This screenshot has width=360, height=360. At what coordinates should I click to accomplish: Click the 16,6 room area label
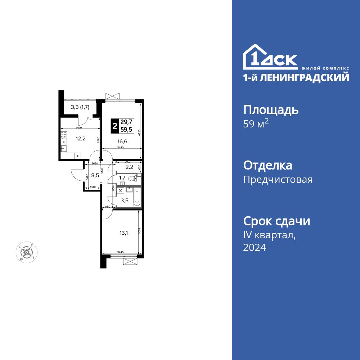[122, 141]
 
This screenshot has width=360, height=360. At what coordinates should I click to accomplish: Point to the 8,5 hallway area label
[95, 176]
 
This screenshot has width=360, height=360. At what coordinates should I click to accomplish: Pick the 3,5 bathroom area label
[124, 201]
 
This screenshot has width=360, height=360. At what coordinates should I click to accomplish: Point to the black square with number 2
[115, 126]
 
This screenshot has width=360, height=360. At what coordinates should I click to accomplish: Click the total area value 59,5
[126, 130]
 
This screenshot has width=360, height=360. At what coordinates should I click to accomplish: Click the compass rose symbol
[26, 252]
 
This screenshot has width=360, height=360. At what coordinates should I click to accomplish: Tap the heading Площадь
[271, 110]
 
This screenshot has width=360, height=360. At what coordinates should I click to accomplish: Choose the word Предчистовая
[278, 179]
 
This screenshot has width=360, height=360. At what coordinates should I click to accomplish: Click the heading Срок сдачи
[276, 221]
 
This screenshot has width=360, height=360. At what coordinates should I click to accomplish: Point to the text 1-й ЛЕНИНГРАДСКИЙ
[296, 77]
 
